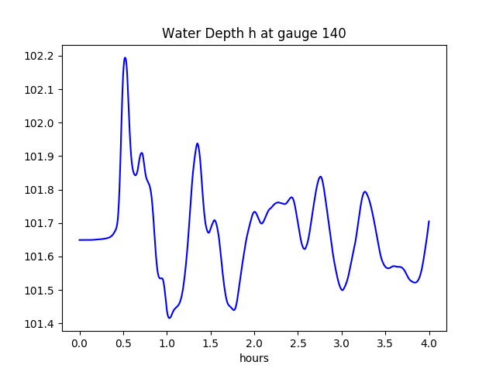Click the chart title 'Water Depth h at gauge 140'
(x=253, y=33)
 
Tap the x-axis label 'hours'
(x=253, y=359)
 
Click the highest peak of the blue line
(x=125, y=57)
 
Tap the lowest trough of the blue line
(x=169, y=318)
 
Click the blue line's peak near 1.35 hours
(x=198, y=143)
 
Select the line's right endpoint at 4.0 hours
(x=429, y=221)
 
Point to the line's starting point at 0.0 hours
(x=80, y=239)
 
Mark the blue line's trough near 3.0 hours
(x=342, y=290)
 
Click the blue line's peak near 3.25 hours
(x=364, y=191)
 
